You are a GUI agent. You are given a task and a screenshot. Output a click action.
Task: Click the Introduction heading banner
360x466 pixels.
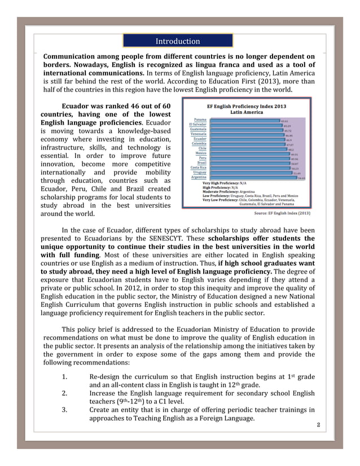pyautogui.click(x=178, y=41)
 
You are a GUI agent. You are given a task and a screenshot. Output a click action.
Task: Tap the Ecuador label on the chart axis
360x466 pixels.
pyautogui.click(x=200, y=139)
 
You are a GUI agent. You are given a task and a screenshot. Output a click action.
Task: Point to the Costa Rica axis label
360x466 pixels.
pyautogui.click(x=198, y=168)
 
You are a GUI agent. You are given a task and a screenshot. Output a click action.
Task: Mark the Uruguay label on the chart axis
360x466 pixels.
pyautogui.click(x=199, y=172)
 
